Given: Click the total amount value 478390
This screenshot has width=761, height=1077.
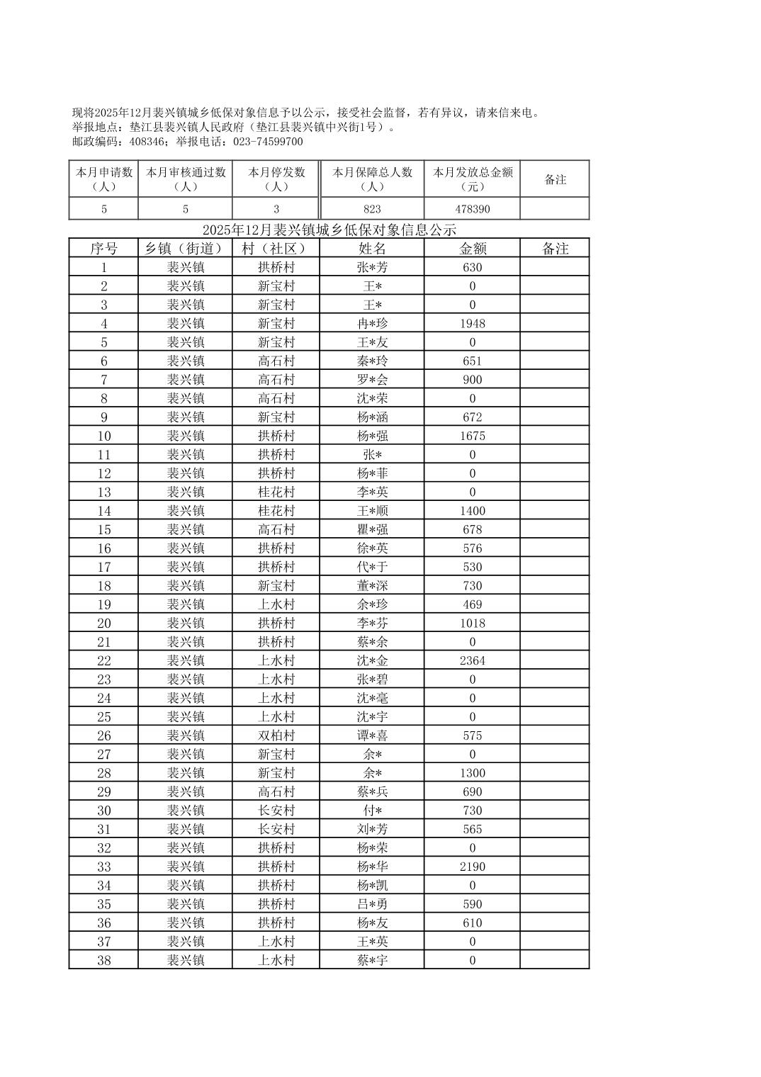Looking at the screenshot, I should pos(472,209).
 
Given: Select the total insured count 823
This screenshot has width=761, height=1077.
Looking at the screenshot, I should pos(372,209).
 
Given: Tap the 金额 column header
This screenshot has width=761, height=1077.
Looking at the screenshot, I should pos(472,249).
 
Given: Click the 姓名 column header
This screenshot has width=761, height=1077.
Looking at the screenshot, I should pos(372,249).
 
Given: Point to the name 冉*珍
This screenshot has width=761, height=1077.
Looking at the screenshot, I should pos(372,324).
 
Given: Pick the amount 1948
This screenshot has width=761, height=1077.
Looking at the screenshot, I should pos(472,324).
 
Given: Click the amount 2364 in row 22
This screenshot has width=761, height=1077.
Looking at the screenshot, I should pos(472,661).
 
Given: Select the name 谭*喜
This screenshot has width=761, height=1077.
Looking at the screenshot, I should pos(372,736).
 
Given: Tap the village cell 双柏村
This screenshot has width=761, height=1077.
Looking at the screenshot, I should pos(276,736).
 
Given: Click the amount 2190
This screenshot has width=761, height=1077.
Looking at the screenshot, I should pos(472,867).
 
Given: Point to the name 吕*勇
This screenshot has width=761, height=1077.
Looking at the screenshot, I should pos(372,905).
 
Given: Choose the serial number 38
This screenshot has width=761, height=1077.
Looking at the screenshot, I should pos(104,961).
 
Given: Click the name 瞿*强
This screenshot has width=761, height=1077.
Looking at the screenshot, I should pos(372,530).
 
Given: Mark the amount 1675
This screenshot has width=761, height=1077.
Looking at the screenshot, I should pos(472,436).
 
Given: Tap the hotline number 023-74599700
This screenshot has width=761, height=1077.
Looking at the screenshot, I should pos(266,142).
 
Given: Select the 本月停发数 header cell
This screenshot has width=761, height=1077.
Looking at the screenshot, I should pos(276,179).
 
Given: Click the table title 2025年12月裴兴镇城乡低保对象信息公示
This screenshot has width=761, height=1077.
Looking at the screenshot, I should pos(329,230).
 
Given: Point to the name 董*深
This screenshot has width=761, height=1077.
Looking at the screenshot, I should pos(372,586).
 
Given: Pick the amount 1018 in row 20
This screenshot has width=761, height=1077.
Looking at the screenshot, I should pos(472,624).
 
